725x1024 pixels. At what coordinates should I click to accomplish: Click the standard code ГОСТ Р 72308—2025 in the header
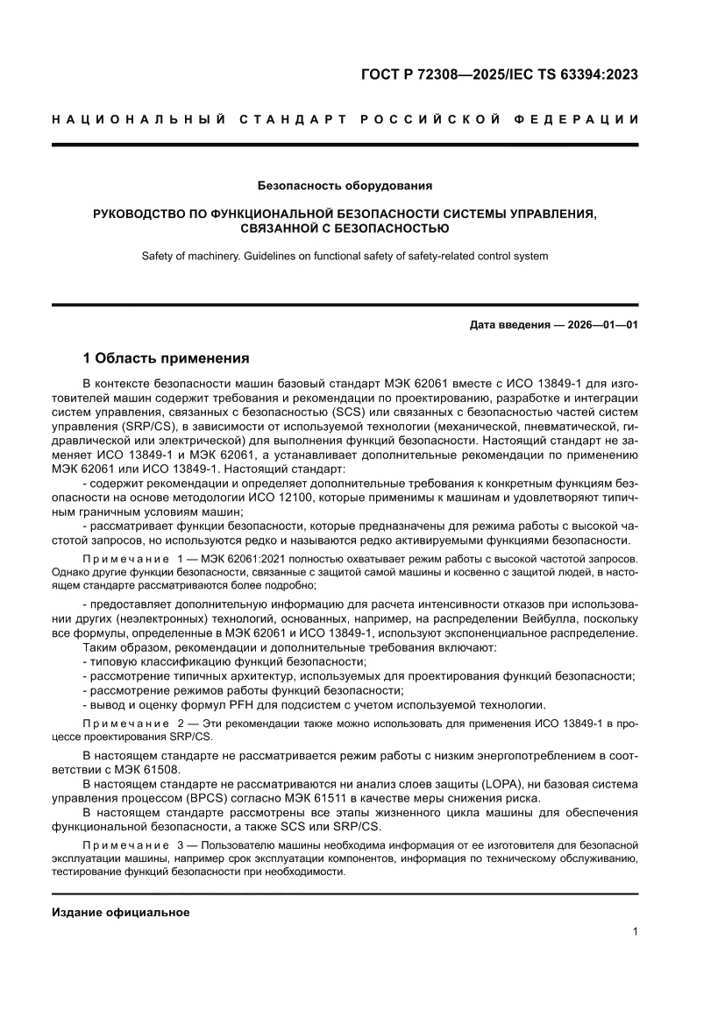tap(422, 74)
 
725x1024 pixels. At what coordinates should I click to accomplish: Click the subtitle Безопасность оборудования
tap(345, 186)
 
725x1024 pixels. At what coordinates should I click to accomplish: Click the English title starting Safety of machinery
tap(345, 257)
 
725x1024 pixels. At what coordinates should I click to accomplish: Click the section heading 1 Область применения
tap(166, 358)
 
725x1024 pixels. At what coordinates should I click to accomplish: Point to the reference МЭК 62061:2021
tap(241, 559)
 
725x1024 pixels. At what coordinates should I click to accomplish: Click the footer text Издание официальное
tap(121, 912)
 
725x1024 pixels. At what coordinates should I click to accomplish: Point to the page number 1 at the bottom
tap(634, 932)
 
